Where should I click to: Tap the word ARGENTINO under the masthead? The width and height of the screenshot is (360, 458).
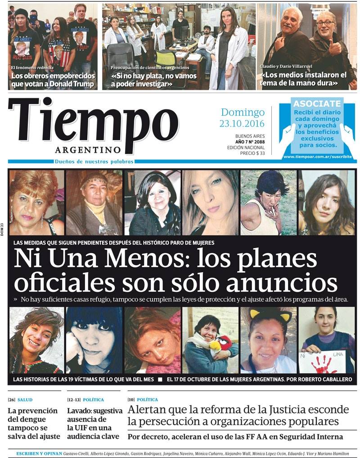[x=88, y=150]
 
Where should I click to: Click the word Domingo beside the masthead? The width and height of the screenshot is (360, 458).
[x=243, y=113]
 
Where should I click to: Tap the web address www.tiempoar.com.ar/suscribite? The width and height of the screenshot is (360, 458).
[x=318, y=156]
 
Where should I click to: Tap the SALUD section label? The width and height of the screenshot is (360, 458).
[x=25, y=400]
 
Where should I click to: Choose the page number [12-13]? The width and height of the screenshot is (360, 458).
[x=74, y=400]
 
